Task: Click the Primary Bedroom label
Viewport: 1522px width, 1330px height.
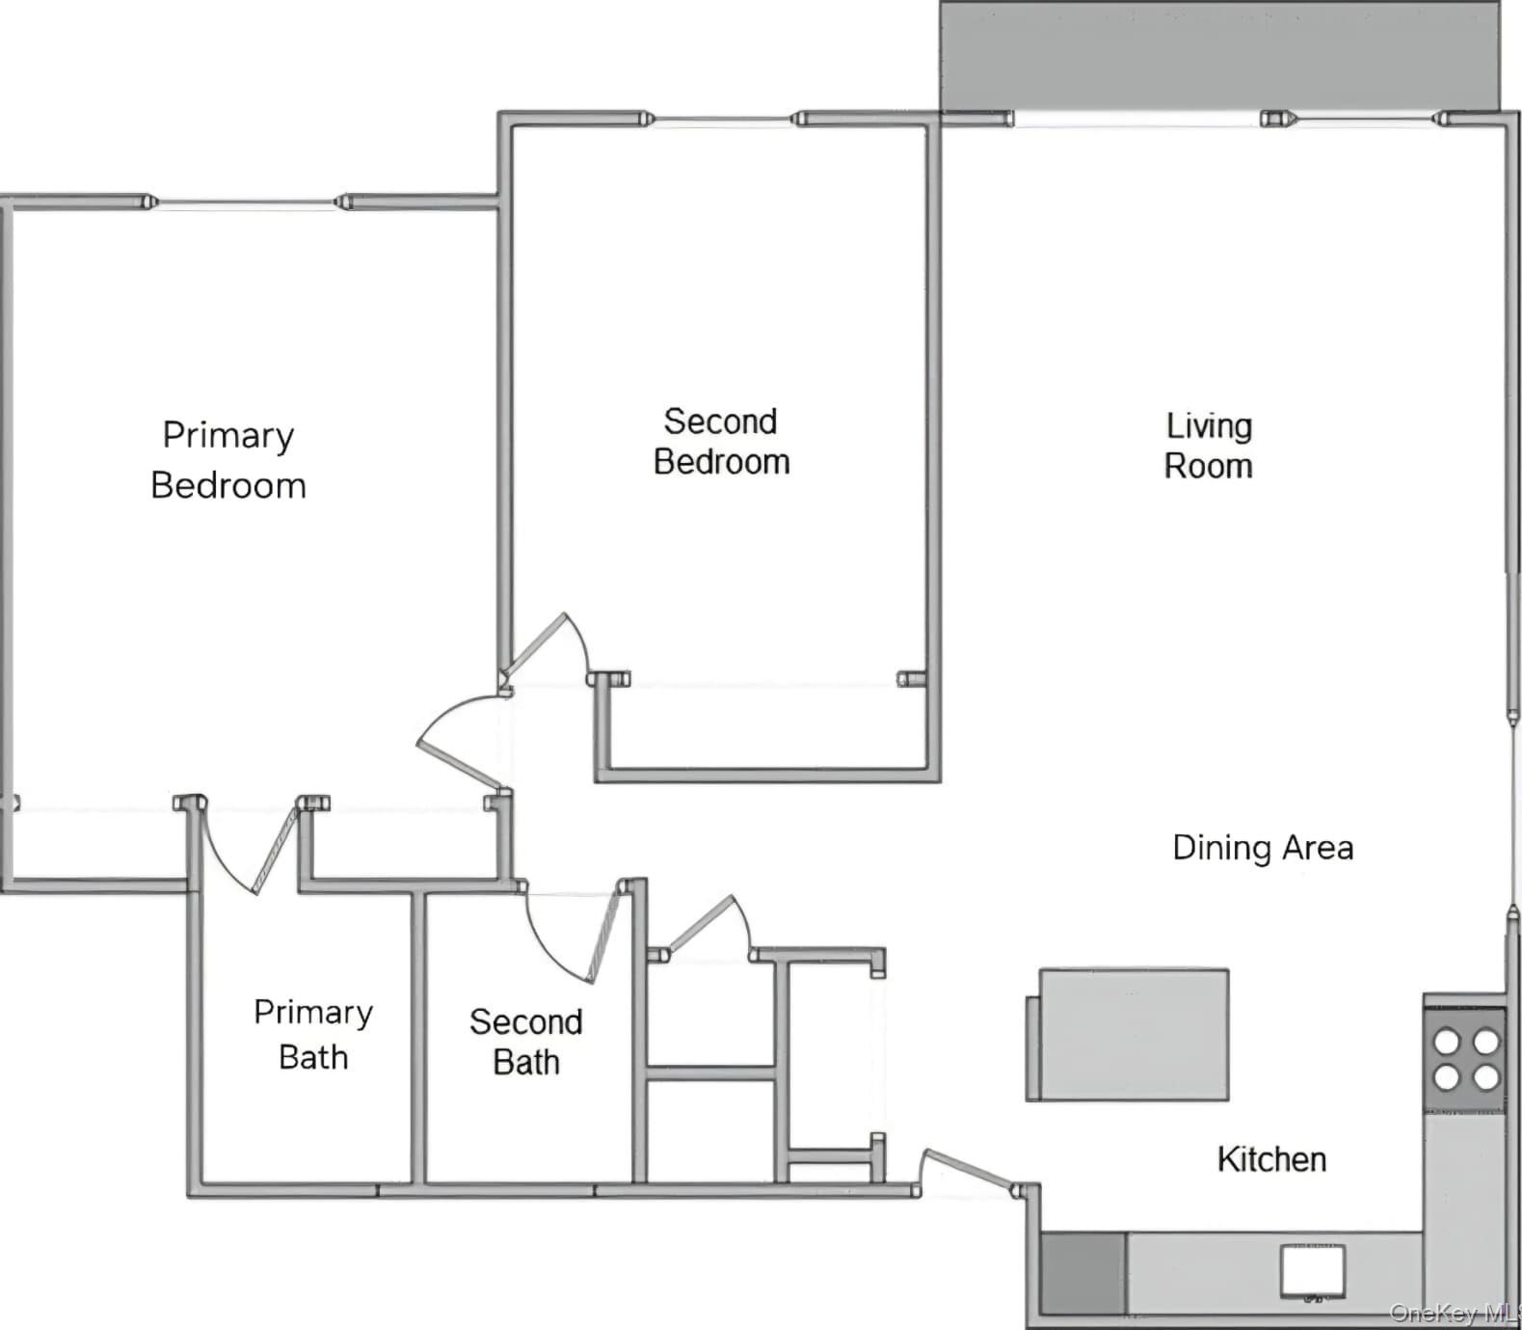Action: tap(228, 460)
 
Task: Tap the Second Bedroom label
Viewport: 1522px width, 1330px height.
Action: tap(721, 442)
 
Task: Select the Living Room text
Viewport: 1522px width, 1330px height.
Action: tap(1208, 446)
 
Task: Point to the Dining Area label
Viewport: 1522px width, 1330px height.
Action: tap(1263, 848)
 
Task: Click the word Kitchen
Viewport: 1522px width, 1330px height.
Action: tap(1271, 1159)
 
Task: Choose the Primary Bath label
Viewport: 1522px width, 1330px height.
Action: tap(312, 1035)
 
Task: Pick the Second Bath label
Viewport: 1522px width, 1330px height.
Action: tap(525, 1042)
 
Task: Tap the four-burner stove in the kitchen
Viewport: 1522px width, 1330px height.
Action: tap(1465, 1059)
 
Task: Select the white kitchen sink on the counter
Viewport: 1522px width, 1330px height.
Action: tap(1312, 1271)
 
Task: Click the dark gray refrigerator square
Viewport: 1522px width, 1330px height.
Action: tap(1083, 1273)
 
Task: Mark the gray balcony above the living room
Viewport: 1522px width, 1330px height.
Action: tap(1219, 56)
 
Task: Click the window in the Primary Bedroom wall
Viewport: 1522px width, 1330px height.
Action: tap(247, 203)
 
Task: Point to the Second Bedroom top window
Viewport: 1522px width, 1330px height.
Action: tap(723, 120)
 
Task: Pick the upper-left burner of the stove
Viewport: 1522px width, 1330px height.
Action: tap(1447, 1042)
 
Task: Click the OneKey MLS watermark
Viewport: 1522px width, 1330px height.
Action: tap(1454, 1314)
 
